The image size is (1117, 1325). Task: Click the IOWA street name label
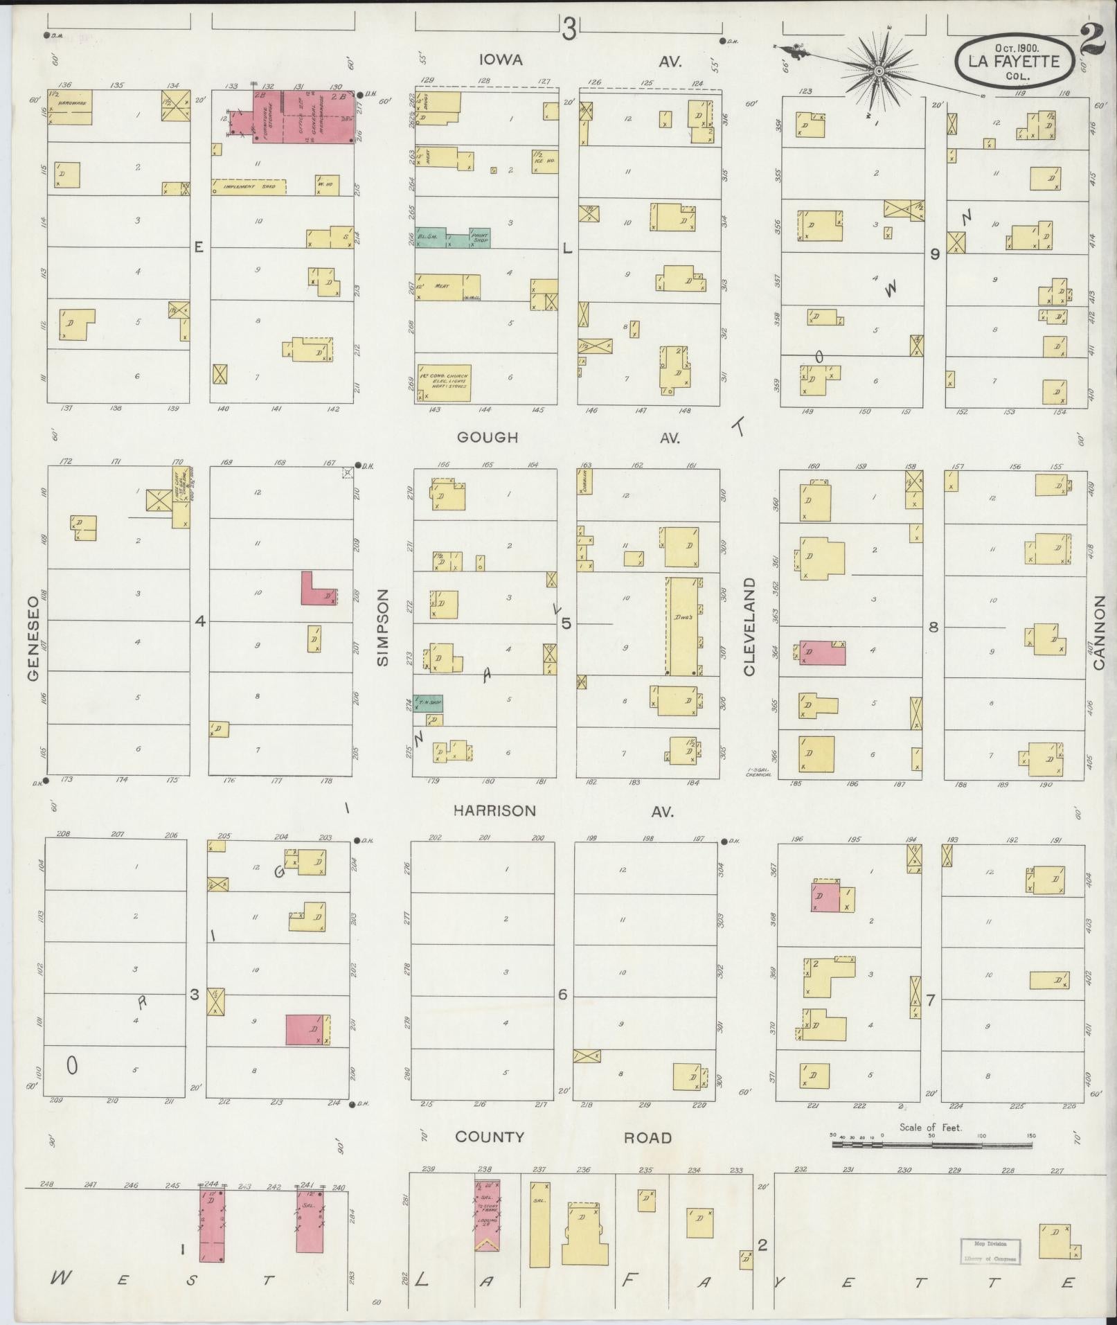point(501,61)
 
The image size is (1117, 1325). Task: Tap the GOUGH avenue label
point(488,438)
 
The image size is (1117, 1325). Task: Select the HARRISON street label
point(494,810)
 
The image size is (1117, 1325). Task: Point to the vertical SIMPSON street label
point(384,628)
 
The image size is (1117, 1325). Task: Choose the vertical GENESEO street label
point(34,635)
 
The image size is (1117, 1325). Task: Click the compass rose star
point(878,71)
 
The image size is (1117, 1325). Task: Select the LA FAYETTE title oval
point(1015,62)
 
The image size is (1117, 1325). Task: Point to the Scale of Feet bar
point(933,1146)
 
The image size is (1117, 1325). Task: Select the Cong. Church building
point(443,383)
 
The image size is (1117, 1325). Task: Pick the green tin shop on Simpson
point(429,703)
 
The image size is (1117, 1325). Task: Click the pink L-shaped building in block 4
point(317,590)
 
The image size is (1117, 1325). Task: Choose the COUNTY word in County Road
point(489,1137)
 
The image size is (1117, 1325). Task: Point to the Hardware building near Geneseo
point(70,107)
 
